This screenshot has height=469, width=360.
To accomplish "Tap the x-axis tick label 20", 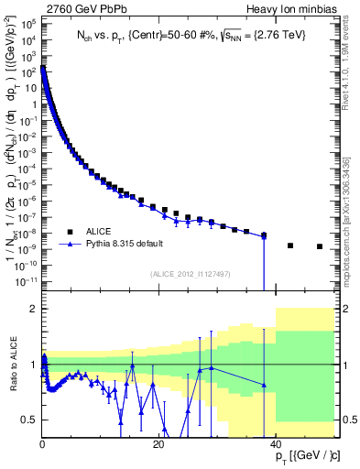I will [x=158, y=444].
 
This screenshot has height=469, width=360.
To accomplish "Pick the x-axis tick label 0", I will [x=42, y=444].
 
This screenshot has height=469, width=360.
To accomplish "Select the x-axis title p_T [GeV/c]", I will [x=305, y=456].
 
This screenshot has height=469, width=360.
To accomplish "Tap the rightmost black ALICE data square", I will [x=320, y=246].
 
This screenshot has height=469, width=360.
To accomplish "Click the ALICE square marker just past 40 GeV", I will [x=290, y=245].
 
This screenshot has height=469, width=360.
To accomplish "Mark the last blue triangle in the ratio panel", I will [x=264, y=386].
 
